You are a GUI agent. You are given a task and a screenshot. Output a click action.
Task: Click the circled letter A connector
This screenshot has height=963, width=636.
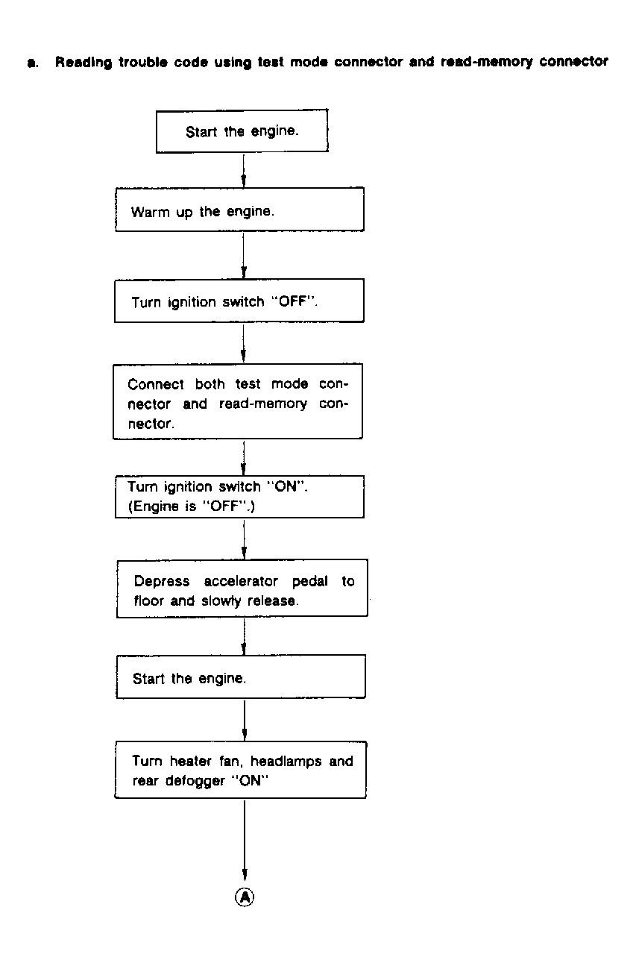245,897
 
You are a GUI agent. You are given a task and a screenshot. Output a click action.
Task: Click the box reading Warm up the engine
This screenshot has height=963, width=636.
239,210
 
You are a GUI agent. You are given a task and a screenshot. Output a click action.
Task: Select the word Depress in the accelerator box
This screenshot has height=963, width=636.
162,582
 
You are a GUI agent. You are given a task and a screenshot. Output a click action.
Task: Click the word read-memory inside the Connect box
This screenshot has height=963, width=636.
262,404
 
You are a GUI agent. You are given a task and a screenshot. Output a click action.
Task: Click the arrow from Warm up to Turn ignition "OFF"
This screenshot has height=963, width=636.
245,255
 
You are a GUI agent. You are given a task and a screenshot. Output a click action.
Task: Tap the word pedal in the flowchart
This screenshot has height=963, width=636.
309,582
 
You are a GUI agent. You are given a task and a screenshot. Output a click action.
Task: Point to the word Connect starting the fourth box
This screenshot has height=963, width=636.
156,385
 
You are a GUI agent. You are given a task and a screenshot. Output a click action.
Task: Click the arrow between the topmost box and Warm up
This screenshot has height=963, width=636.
244,169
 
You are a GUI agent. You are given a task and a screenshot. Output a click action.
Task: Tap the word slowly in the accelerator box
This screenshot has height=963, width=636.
220,601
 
